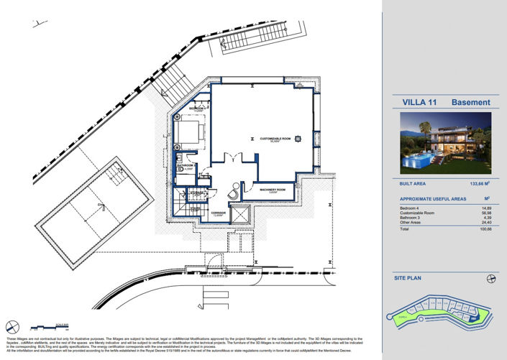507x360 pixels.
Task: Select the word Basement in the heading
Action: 470,103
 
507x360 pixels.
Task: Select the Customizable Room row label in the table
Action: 418,213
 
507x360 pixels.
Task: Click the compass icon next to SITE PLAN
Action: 491,277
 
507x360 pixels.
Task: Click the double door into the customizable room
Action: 229,159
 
